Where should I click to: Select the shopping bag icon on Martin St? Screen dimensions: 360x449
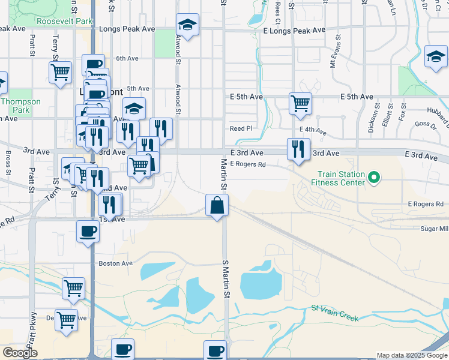click(216, 205)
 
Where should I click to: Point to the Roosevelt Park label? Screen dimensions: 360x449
click(64, 21)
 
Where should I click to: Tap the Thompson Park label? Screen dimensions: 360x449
click(20, 106)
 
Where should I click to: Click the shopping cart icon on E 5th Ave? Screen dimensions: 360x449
click(300, 103)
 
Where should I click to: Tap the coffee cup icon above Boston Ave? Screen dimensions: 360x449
click(88, 231)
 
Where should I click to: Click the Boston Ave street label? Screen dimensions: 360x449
click(115, 263)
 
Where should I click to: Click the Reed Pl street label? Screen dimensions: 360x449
click(241, 128)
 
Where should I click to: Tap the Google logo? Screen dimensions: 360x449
click(20, 353)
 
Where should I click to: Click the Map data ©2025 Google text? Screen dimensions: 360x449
click(411, 355)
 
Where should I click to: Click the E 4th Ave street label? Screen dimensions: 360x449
click(313, 131)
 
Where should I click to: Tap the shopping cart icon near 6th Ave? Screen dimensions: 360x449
click(60, 73)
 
